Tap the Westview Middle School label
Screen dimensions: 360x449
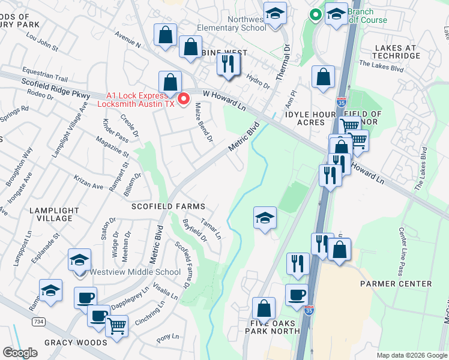click(135, 272)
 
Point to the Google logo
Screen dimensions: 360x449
click(20, 352)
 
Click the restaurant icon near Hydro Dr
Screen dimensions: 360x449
click(228, 64)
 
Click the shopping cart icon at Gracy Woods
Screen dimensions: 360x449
click(116, 327)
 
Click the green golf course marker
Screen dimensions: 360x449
click(314, 14)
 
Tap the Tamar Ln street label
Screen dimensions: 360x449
click(211, 229)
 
